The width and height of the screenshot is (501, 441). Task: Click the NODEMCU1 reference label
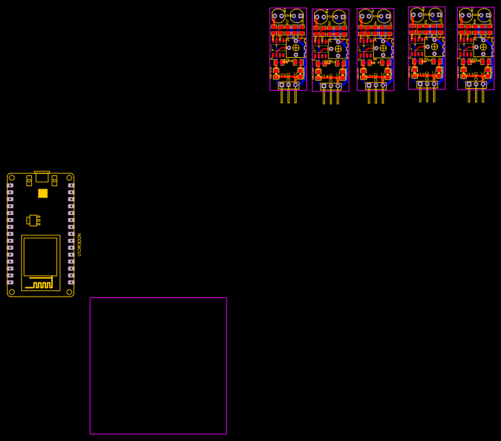tap(79, 245)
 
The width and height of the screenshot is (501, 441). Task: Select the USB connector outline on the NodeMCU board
tap(42, 177)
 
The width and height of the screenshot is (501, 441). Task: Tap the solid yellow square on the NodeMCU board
tap(43, 193)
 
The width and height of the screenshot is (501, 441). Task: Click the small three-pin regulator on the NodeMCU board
tap(32, 220)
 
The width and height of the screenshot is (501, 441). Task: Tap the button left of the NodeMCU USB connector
tap(29, 180)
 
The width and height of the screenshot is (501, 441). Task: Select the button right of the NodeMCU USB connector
tap(54, 180)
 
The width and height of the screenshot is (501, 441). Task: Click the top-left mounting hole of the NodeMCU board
tap(12, 178)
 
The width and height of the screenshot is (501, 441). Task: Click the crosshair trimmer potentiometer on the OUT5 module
tap(295, 48)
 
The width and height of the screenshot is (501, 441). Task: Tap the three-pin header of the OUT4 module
tap(331, 87)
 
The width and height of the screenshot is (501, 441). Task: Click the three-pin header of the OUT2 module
tap(427, 84)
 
